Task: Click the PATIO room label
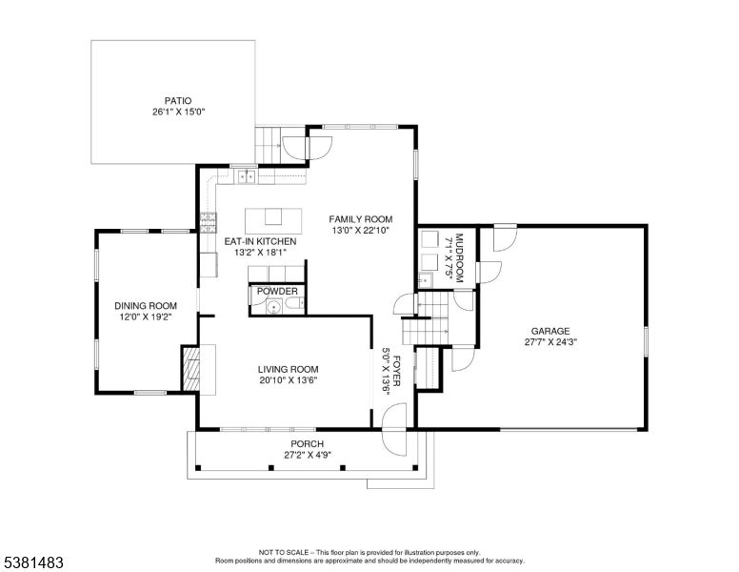178,100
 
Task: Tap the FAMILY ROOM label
361,219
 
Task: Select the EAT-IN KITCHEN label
260,241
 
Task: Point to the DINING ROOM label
146,306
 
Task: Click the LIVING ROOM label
288,370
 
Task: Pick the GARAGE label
550,332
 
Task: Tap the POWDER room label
277,291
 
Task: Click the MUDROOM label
460,258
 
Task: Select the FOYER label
396,371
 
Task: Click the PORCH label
308,444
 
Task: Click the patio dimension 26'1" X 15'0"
178,112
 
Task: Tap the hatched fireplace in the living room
190,369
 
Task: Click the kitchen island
273,220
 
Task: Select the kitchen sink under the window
246,176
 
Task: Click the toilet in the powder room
294,304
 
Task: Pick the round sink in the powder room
274,307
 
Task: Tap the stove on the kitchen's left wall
208,223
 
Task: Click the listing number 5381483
33,562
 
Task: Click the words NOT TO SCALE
284,552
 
